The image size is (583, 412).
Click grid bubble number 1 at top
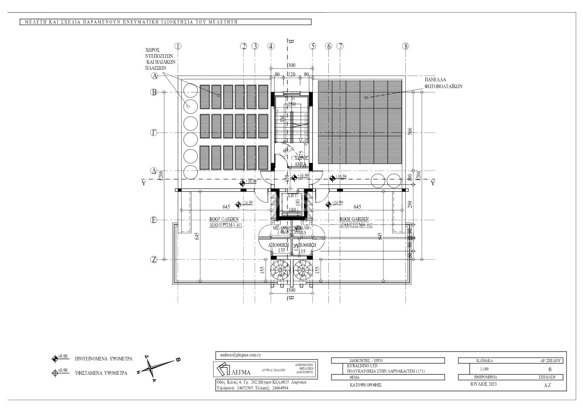click(x=178, y=46)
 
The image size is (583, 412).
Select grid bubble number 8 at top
click(x=406, y=46)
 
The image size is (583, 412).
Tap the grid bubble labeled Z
click(x=154, y=259)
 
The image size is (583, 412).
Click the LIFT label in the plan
click(x=292, y=195)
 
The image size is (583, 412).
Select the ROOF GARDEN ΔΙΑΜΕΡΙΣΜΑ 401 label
click(x=224, y=222)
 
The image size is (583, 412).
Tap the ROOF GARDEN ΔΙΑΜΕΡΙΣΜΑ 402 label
click(x=355, y=222)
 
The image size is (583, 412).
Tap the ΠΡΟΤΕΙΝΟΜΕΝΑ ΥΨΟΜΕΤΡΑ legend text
click(x=103, y=359)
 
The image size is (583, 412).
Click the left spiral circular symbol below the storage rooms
click(x=279, y=270)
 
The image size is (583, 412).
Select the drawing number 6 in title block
click(x=550, y=369)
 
